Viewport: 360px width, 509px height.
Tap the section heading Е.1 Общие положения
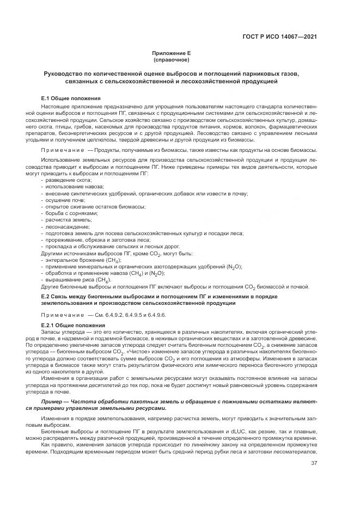click(71, 98)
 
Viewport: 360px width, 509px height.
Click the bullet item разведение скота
click(68, 180)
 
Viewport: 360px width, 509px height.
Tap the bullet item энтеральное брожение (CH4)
click(83, 260)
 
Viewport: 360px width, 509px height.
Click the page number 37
click(314, 463)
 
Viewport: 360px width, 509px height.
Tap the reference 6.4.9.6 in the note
click(157, 315)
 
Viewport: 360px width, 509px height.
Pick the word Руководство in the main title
click(68, 73)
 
